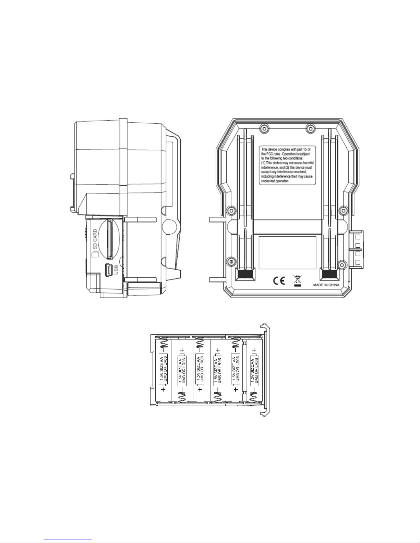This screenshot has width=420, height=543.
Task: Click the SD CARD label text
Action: point(95,239)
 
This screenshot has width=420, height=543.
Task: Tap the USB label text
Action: point(116,270)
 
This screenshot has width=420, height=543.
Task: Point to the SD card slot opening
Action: point(109,239)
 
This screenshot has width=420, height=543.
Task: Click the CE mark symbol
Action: point(279,281)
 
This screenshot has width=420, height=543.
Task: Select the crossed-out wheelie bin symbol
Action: point(297,281)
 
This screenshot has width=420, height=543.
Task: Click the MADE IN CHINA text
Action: point(326,285)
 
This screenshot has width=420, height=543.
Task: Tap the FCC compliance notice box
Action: point(288,165)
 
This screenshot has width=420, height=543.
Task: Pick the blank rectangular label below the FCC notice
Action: point(288,252)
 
